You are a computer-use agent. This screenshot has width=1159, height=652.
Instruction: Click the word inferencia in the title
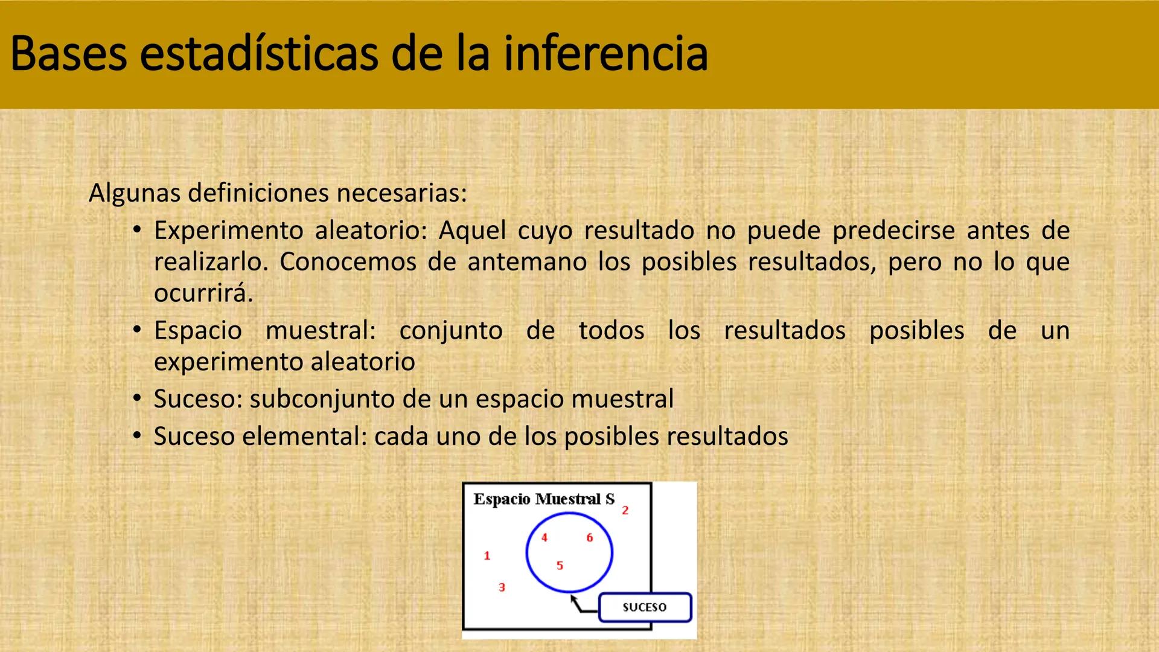click(605, 54)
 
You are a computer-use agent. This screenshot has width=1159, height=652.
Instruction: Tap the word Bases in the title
click(68, 54)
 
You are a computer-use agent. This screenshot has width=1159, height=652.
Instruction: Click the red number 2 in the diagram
click(625, 511)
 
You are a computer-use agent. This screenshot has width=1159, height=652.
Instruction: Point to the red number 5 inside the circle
click(560, 566)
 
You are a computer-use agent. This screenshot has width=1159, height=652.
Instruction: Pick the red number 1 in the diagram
click(487, 556)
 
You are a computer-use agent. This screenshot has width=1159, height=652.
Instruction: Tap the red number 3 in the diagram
click(502, 587)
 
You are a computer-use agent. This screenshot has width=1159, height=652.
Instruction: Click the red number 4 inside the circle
click(544, 538)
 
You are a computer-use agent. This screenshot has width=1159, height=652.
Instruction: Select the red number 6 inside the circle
click(590, 538)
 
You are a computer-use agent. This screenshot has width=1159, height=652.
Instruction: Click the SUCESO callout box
click(645, 607)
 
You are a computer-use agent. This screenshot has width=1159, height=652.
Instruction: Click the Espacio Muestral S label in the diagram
click(543, 499)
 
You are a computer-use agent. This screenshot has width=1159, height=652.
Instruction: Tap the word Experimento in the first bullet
click(228, 231)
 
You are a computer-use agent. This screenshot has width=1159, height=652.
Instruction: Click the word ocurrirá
click(203, 293)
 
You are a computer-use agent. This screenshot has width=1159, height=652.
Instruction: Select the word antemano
click(527, 262)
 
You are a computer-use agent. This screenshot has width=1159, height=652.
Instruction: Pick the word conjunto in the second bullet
click(451, 331)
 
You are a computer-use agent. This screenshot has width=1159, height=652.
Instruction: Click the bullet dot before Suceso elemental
click(138, 435)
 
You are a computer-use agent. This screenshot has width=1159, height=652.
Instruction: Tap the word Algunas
click(134, 193)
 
